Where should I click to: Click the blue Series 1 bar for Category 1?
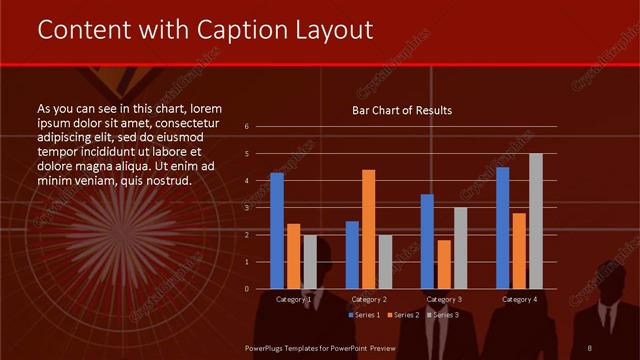(x=277, y=231)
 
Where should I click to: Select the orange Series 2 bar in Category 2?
(x=369, y=229)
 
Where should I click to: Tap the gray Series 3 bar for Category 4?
(x=536, y=221)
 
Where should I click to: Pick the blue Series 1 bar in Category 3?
(x=427, y=241)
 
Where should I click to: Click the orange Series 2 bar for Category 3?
(x=444, y=264)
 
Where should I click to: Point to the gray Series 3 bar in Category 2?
(x=386, y=261)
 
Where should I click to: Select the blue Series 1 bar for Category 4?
(x=503, y=228)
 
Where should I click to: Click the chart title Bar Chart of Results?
(x=402, y=110)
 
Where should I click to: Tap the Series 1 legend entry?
(x=362, y=315)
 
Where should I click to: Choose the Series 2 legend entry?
(x=402, y=315)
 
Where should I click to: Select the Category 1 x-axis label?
(x=293, y=299)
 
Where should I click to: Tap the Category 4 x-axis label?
(x=519, y=299)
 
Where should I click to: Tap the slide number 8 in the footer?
(x=589, y=347)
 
